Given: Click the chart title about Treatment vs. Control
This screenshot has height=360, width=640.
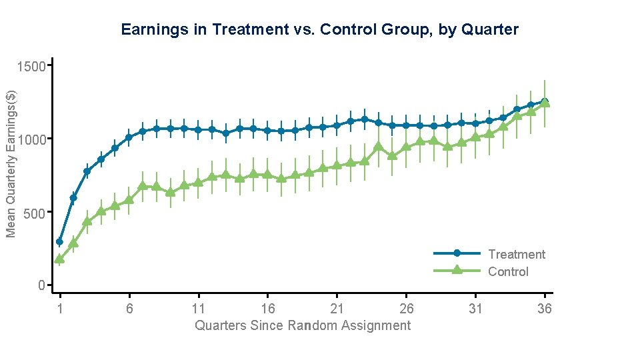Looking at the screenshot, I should [x=319, y=30].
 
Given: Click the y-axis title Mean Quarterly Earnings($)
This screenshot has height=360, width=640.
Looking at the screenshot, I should [x=11, y=163].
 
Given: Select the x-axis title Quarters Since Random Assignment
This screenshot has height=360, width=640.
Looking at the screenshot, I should [x=303, y=325].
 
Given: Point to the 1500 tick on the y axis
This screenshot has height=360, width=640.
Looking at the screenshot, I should [x=33, y=67].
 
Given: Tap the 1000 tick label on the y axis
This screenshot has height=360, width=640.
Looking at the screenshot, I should [x=33, y=139].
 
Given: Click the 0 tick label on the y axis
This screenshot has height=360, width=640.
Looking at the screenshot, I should [x=42, y=285].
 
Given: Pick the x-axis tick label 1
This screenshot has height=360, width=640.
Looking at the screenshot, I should [x=60, y=308].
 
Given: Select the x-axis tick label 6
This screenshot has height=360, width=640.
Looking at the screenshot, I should [x=129, y=308].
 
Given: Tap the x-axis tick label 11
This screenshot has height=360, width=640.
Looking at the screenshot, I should [x=198, y=308].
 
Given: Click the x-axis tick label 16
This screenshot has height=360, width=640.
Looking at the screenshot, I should [x=267, y=308].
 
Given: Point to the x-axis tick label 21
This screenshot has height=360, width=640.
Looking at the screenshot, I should [x=337, y=308].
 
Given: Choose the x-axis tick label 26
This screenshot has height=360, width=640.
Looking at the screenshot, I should [x=406, y=308].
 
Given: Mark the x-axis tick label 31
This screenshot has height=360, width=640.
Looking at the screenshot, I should [x=475, y=308].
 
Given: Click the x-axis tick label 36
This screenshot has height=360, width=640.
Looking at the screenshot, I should [x=545, y=308].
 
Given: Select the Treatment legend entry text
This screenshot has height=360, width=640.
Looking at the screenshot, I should [x=517, y=254].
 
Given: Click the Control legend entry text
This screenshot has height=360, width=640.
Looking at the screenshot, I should [x=508, y=271].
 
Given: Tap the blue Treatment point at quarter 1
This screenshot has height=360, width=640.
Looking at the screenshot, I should [x=59, y=242].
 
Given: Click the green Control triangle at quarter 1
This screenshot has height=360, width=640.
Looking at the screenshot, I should [x=59, y=259].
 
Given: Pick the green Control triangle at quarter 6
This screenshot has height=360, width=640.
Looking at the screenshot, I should [x=129, y=199].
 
